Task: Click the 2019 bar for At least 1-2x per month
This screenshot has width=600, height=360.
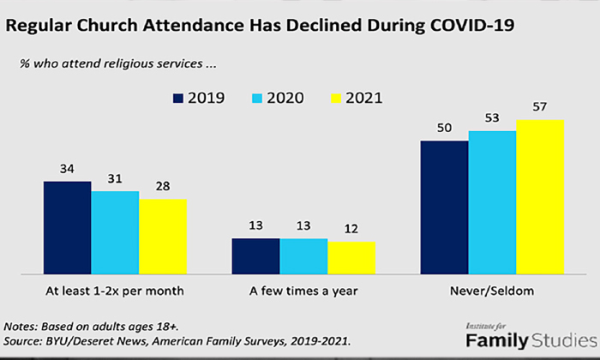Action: tap(68, 227)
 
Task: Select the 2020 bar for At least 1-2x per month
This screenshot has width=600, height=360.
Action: tap(115, 232)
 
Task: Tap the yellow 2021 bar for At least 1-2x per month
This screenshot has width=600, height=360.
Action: tap(163, 236)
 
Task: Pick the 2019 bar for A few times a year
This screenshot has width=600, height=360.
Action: tap(255, 255)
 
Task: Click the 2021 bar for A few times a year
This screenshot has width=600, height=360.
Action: tap(351, 257)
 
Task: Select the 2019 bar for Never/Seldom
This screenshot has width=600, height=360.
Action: tap(444, 207)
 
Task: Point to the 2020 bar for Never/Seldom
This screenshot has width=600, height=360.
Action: tap(492, 202)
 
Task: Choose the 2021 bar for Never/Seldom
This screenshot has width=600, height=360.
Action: tap(540, 196)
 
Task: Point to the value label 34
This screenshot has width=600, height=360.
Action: tap(68, 170)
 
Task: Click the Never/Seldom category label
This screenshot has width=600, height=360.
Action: tap(491, 291)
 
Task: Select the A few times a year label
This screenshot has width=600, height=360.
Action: tap(304, 291)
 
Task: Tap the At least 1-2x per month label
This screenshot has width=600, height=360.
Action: tap(116, 291)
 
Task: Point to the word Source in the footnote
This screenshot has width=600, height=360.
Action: tap(23, 341)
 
